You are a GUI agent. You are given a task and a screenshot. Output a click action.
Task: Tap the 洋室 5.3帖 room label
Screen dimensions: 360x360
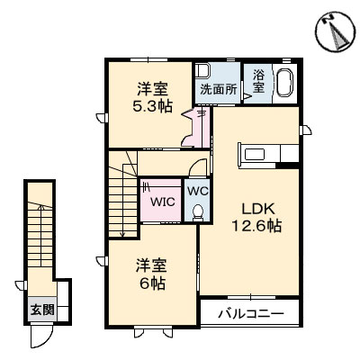(151, 96)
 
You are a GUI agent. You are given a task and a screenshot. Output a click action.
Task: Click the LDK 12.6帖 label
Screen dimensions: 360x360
(257, 215)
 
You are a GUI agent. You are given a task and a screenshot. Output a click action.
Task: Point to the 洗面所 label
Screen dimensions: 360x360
(219, 89)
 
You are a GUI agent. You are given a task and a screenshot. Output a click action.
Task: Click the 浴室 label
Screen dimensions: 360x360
(258, 83)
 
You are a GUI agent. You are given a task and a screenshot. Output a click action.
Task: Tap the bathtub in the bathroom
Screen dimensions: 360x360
(285, 83)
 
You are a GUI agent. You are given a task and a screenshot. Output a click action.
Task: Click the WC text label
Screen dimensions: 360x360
(197, 191)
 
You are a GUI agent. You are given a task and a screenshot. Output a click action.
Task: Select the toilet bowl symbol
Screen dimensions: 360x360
(198, 211)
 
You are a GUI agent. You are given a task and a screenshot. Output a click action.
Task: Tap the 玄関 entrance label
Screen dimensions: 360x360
(41, 310)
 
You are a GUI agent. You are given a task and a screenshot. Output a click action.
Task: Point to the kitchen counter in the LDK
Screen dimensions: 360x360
(266, 154)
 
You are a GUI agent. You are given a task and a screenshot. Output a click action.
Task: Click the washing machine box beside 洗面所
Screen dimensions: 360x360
(202, 72)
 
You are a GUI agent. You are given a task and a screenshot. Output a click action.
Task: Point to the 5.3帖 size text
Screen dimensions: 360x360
(151, 105)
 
